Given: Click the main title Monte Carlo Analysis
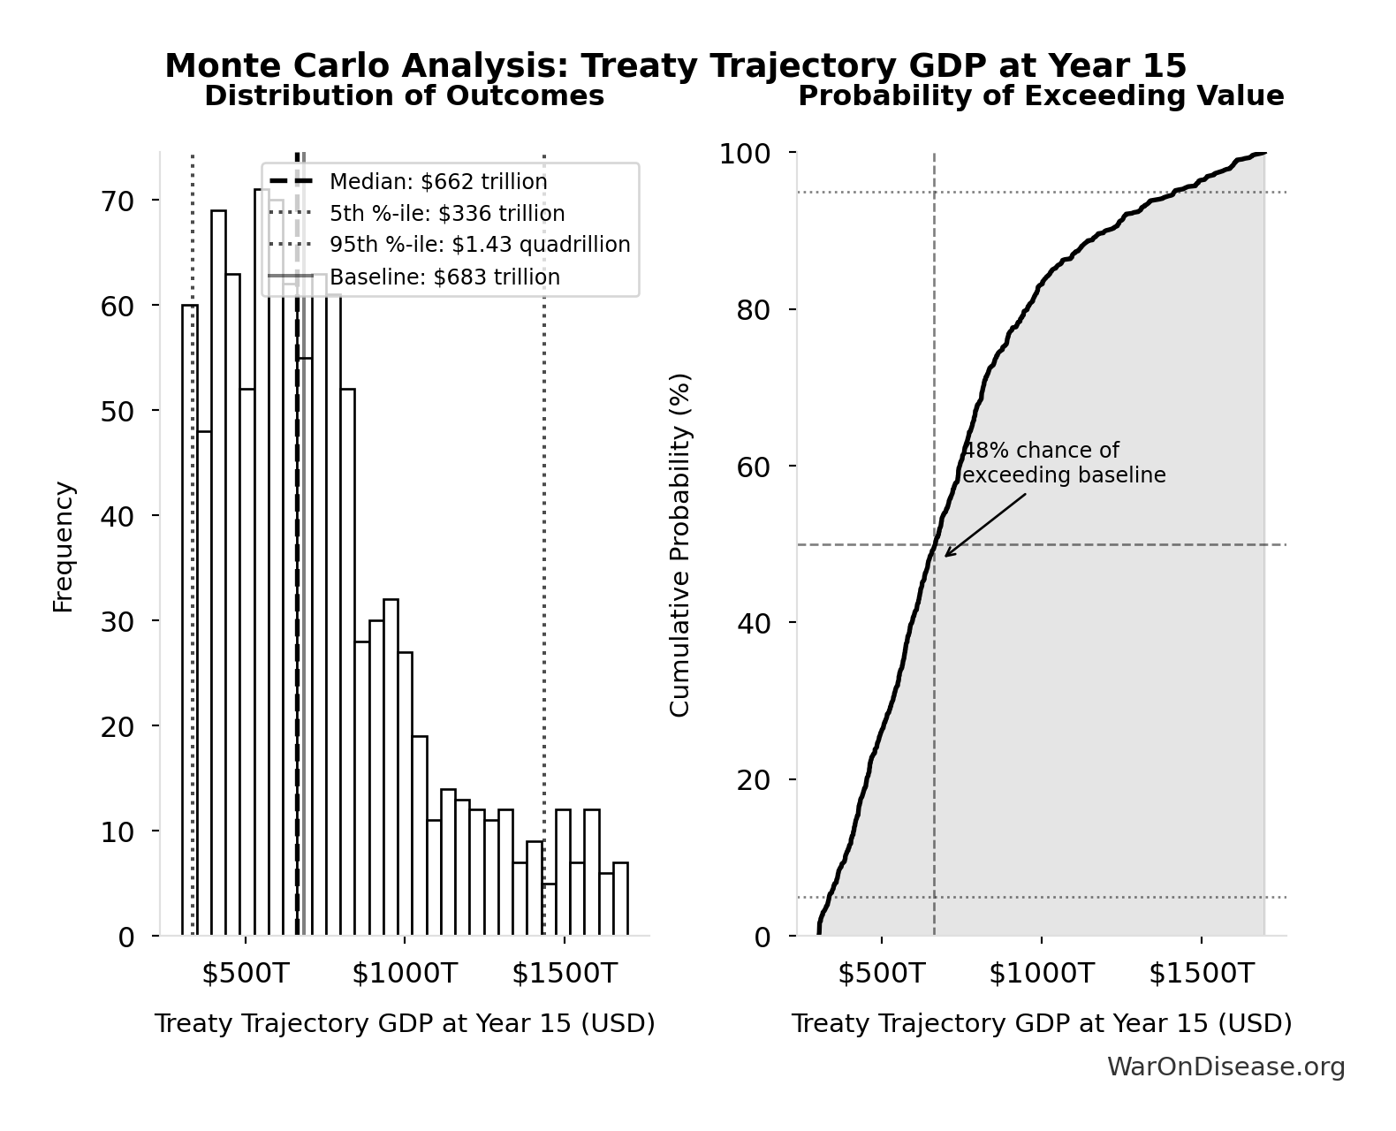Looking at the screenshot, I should pyautogui.click(x=676, y=66).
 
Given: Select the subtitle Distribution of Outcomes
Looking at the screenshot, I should pyautogui.click(x=405, y=96).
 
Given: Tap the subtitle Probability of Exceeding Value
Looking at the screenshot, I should pyautogui.click(x=1041, y=96).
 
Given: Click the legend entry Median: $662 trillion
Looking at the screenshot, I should pyautogui.click(x=438, y=182).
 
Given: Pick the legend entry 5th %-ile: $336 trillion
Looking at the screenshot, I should pyautogui.click(x=447, y=214).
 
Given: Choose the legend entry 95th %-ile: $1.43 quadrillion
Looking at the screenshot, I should pyautogui.click(x=480, y=245).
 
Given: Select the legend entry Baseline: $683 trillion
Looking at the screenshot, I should pyautogui.click(x=444, y=277).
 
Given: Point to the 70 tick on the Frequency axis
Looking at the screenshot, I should pyautogui.click(x=118, y=201).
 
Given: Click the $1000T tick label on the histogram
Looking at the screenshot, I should pyautogui.click(x=405, y=974).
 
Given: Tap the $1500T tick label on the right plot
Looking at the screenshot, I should pyautogui.click(x=1201, y=974).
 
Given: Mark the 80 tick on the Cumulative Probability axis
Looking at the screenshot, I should pyautogui.click(x=754, y=310).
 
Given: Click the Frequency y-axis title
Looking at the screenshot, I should pyautogui.click(x=64, y=546).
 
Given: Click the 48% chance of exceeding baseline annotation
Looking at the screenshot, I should pyautogui.click(x=1063, y=463).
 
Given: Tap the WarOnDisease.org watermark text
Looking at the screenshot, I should pyautogui.click(x=1225, y=1067).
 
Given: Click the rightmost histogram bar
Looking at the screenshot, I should pyautogui.click(x=620, y=899).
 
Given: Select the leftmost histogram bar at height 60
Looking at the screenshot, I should pyautogui.click(x=190, y=619).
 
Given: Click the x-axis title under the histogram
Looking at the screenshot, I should pyautogui.click(x=405, y=1024).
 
